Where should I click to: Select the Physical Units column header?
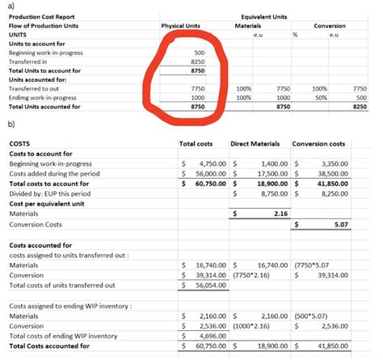click(181, 26)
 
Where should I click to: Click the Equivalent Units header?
click(267, 16)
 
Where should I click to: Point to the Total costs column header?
click(197, 144)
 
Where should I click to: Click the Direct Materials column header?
click(255, 144)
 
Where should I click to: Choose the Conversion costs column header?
click(319, 144)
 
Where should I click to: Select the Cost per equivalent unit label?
click(47, 203)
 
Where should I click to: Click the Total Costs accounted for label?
click(48, 345)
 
